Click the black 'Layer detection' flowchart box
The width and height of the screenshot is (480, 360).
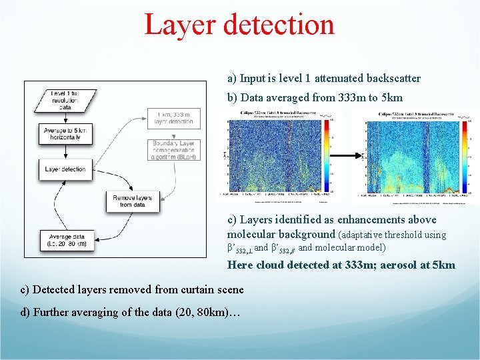pos(65,169)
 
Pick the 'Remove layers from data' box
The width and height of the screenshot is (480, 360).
pos(133,202)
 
